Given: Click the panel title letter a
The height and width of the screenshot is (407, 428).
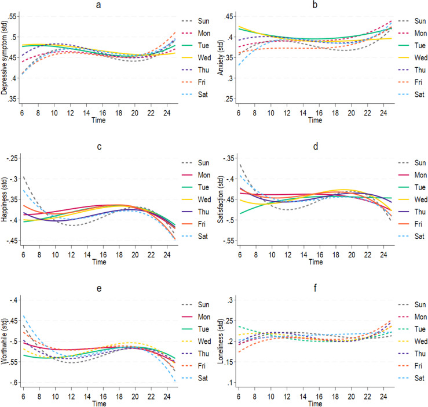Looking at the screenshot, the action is point(98,5).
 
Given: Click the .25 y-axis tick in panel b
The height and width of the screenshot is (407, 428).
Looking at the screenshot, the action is point(229,99).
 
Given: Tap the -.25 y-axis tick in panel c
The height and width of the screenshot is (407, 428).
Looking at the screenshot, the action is point(13,158).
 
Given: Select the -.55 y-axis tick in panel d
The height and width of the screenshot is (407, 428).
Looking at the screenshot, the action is point(229,241).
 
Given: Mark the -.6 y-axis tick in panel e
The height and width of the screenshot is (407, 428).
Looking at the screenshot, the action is point(14,383).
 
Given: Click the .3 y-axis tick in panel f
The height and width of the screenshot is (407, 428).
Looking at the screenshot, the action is point(230,300).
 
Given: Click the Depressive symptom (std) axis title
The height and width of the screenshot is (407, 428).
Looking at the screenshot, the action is point(4,57).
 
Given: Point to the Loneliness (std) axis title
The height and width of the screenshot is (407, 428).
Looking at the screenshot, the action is point(221,341).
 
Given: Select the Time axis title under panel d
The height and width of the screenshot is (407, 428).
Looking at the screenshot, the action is point(316,262).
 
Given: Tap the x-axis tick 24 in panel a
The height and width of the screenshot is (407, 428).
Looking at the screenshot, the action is point(167,113).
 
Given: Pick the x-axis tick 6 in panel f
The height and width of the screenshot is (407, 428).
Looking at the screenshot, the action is point(239,397).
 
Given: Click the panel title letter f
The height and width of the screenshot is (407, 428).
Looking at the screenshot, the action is point(315,288).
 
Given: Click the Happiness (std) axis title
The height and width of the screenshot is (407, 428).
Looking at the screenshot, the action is point(4,199).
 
